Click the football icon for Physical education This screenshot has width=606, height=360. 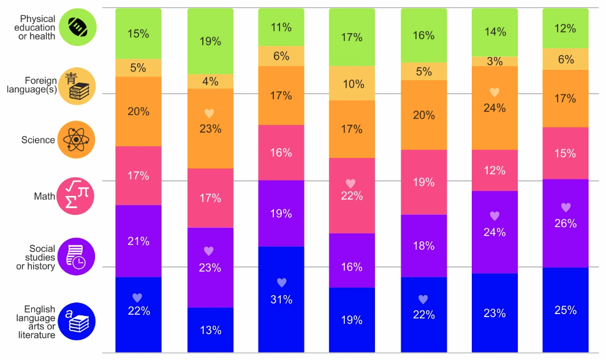[x=76, y=28]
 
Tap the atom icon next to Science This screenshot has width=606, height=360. [x=76, y=140]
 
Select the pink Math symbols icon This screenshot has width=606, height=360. [x=76, y=196]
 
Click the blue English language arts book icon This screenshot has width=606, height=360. [x=76, y=322]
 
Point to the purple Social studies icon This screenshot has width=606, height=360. [x=76, y=257]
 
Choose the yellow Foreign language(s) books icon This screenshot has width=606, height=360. [x=76, y=86]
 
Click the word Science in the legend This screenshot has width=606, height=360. [x=38, y=140]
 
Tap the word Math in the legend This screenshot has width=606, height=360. [x=44, y=197]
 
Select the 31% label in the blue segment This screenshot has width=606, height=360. [x=281, y=299]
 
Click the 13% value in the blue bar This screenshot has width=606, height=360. [x=210, y=330]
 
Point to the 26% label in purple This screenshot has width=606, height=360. [x=566, y=223]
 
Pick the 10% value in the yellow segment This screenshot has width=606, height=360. [x=352, y=84]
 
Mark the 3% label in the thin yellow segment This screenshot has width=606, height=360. [x=494, y=61]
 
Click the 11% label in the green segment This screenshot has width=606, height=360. [x=281, y=27]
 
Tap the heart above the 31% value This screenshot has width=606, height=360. [x=281, y=283]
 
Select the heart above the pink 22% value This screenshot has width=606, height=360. [x=350, y=183]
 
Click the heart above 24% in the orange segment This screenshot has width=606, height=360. [x=494, y=92]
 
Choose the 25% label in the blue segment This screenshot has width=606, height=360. [x=566, y=310]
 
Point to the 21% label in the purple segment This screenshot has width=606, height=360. [x=138, y=241]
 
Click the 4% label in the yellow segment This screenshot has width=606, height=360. [x=210, y=81]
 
